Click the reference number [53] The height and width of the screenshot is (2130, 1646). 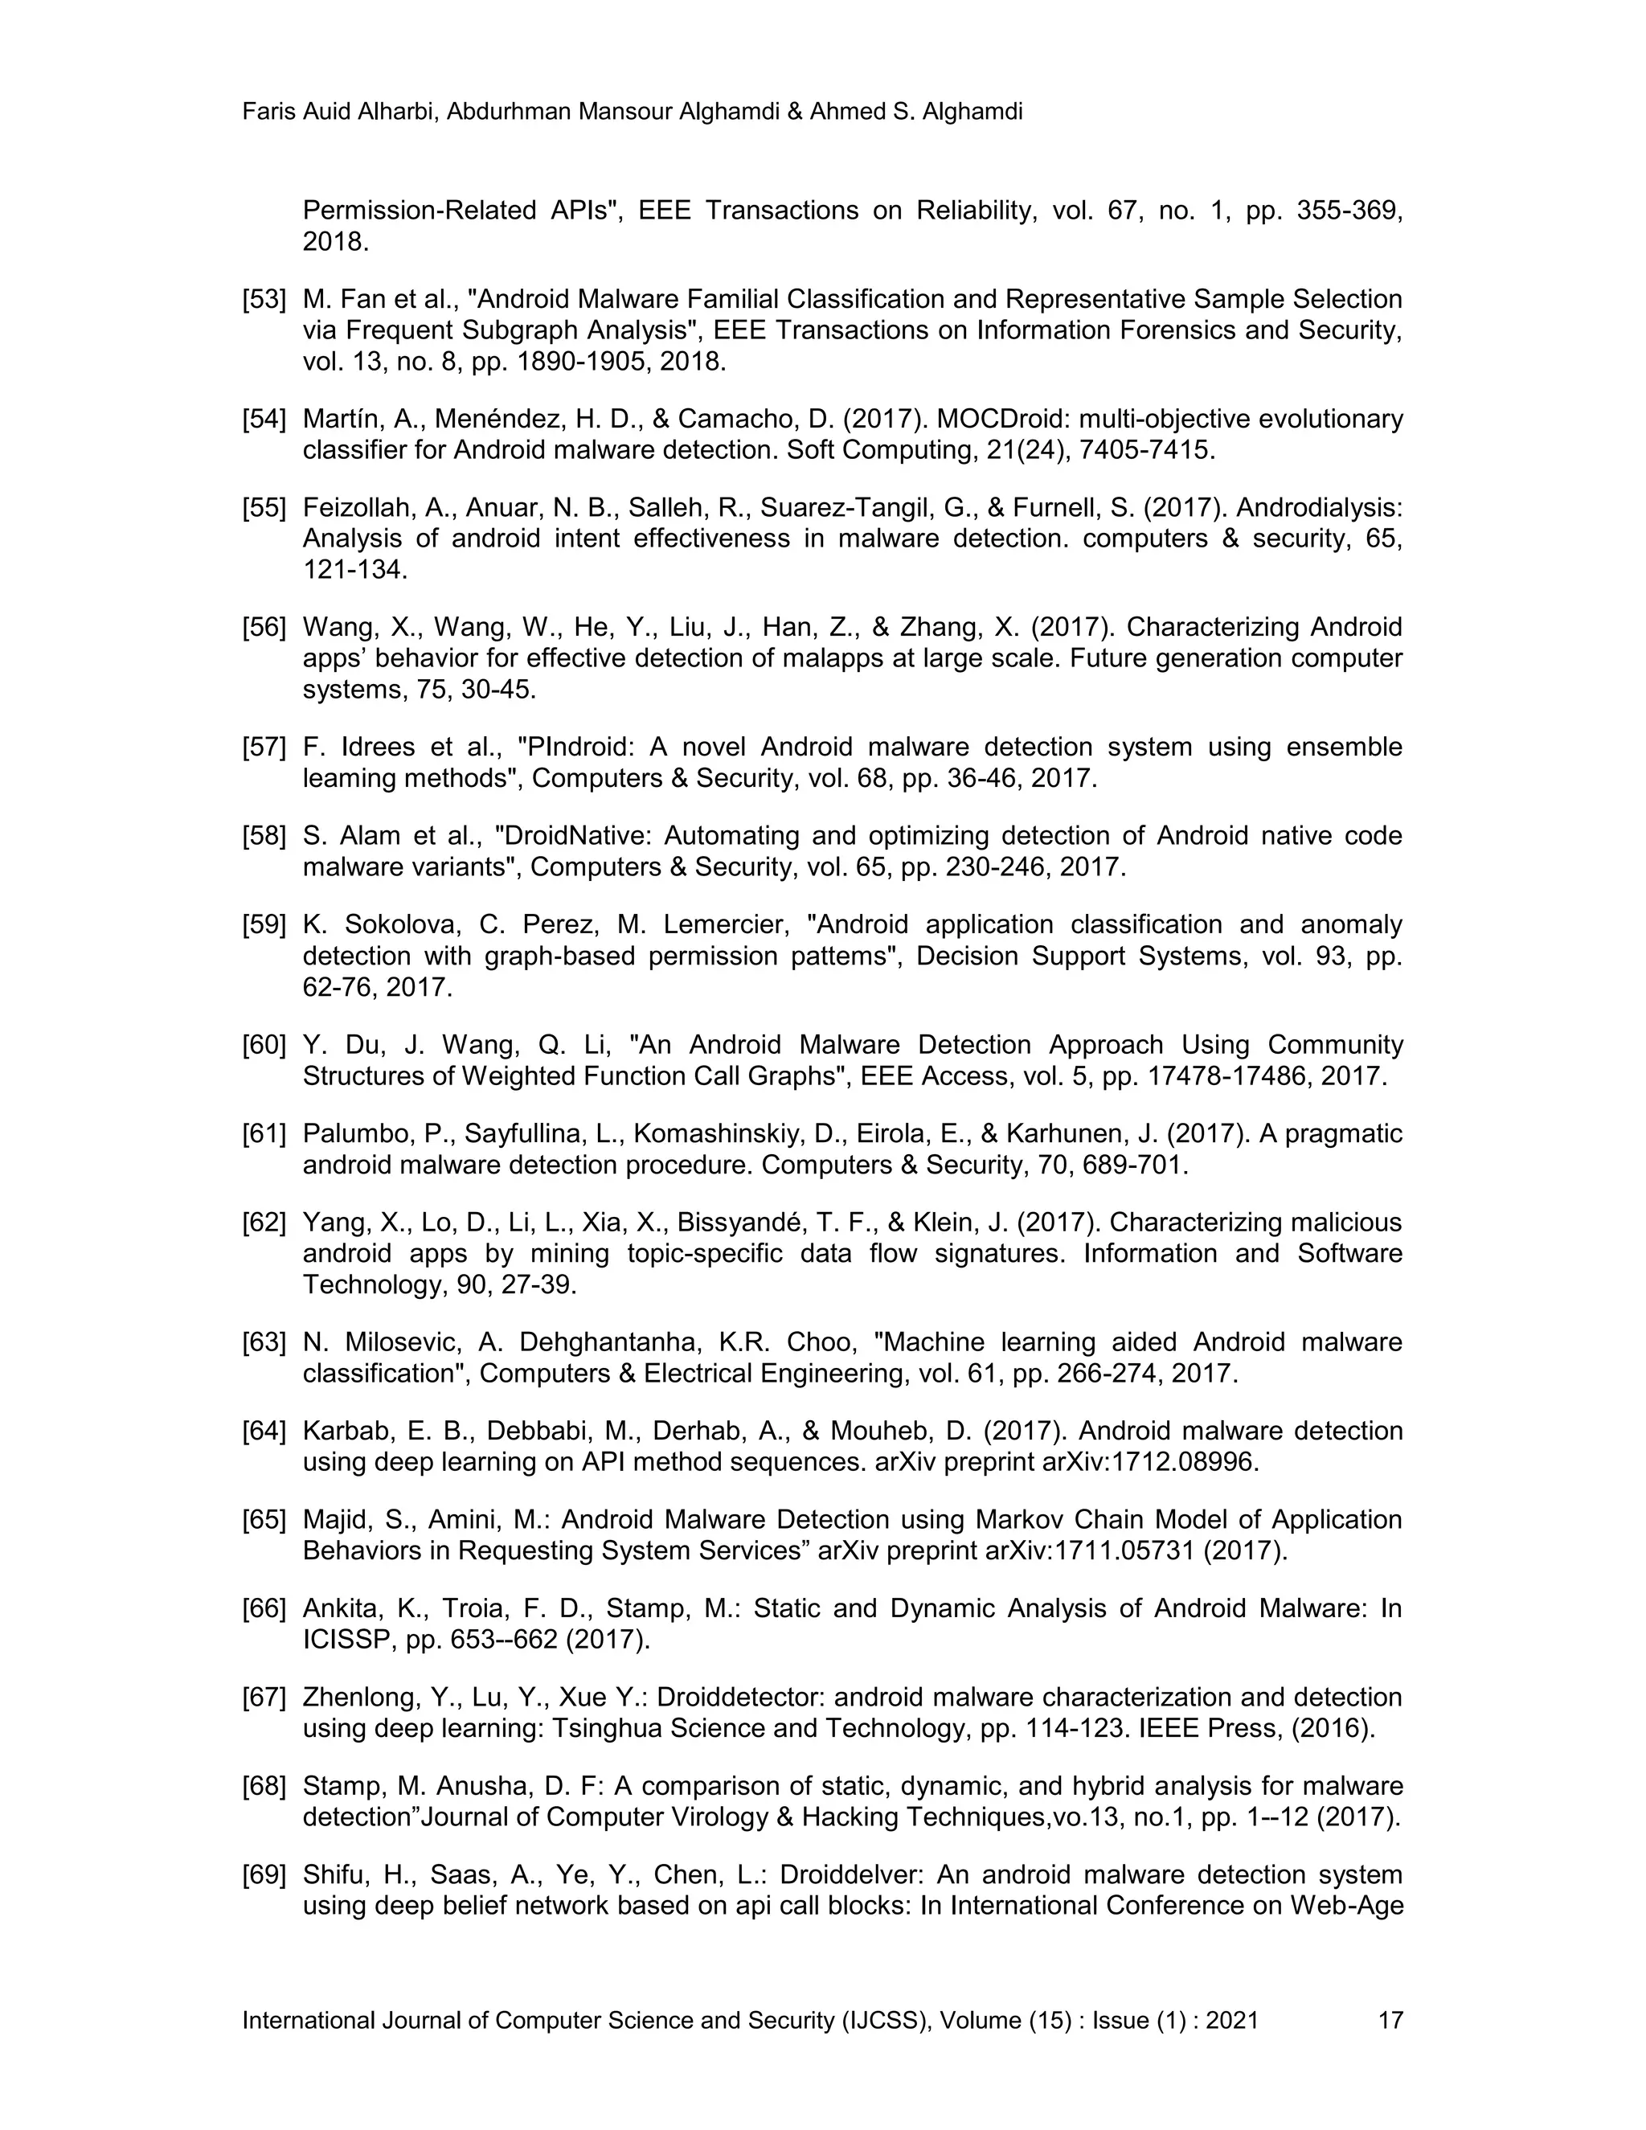click(x=264, y=300)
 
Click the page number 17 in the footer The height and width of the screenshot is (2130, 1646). click(x=1390, y=2020)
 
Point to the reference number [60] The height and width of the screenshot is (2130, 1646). click(x=264, y=1046)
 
